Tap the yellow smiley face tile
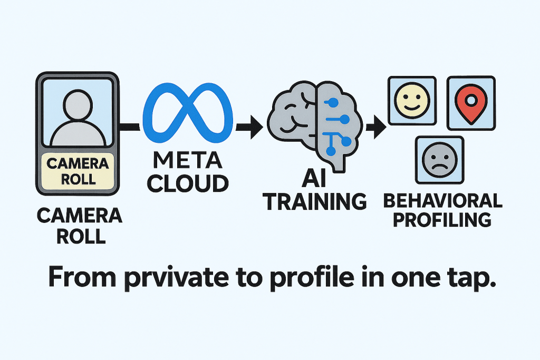(x=411, y=101)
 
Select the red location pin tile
(x=471, y=103)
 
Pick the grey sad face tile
(x=440, y=160)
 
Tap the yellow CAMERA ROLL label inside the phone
(x=78, y=170)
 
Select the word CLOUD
(x=188, y=183)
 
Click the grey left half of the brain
(x=293, y=121)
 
